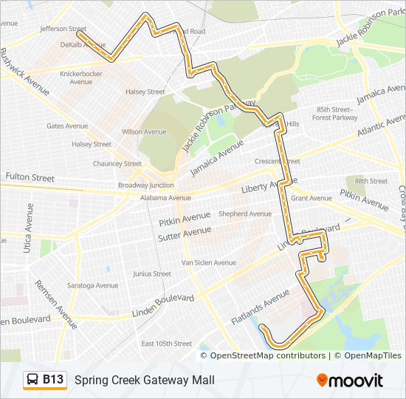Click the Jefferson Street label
click(63, 30)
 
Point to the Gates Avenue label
click(67, 126)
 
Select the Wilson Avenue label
click(144, 132)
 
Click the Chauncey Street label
click(117, 164)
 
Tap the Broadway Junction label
click(146, 185)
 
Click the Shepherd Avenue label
click(245, 214)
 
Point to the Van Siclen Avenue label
click(209, 262)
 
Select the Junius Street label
click(151, 273)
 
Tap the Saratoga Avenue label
click(94, 285)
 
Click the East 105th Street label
click(167, 344)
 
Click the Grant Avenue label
click(312, 198)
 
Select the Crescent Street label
click(277, 162)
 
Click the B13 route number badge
click(52, 380)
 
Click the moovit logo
click(349, 381)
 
